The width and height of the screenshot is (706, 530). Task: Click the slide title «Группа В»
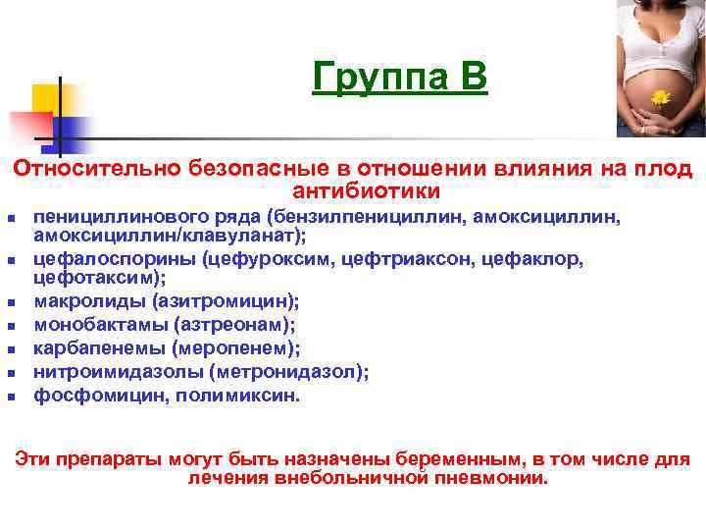(399, 77)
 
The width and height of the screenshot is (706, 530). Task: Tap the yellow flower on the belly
(661, 96)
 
